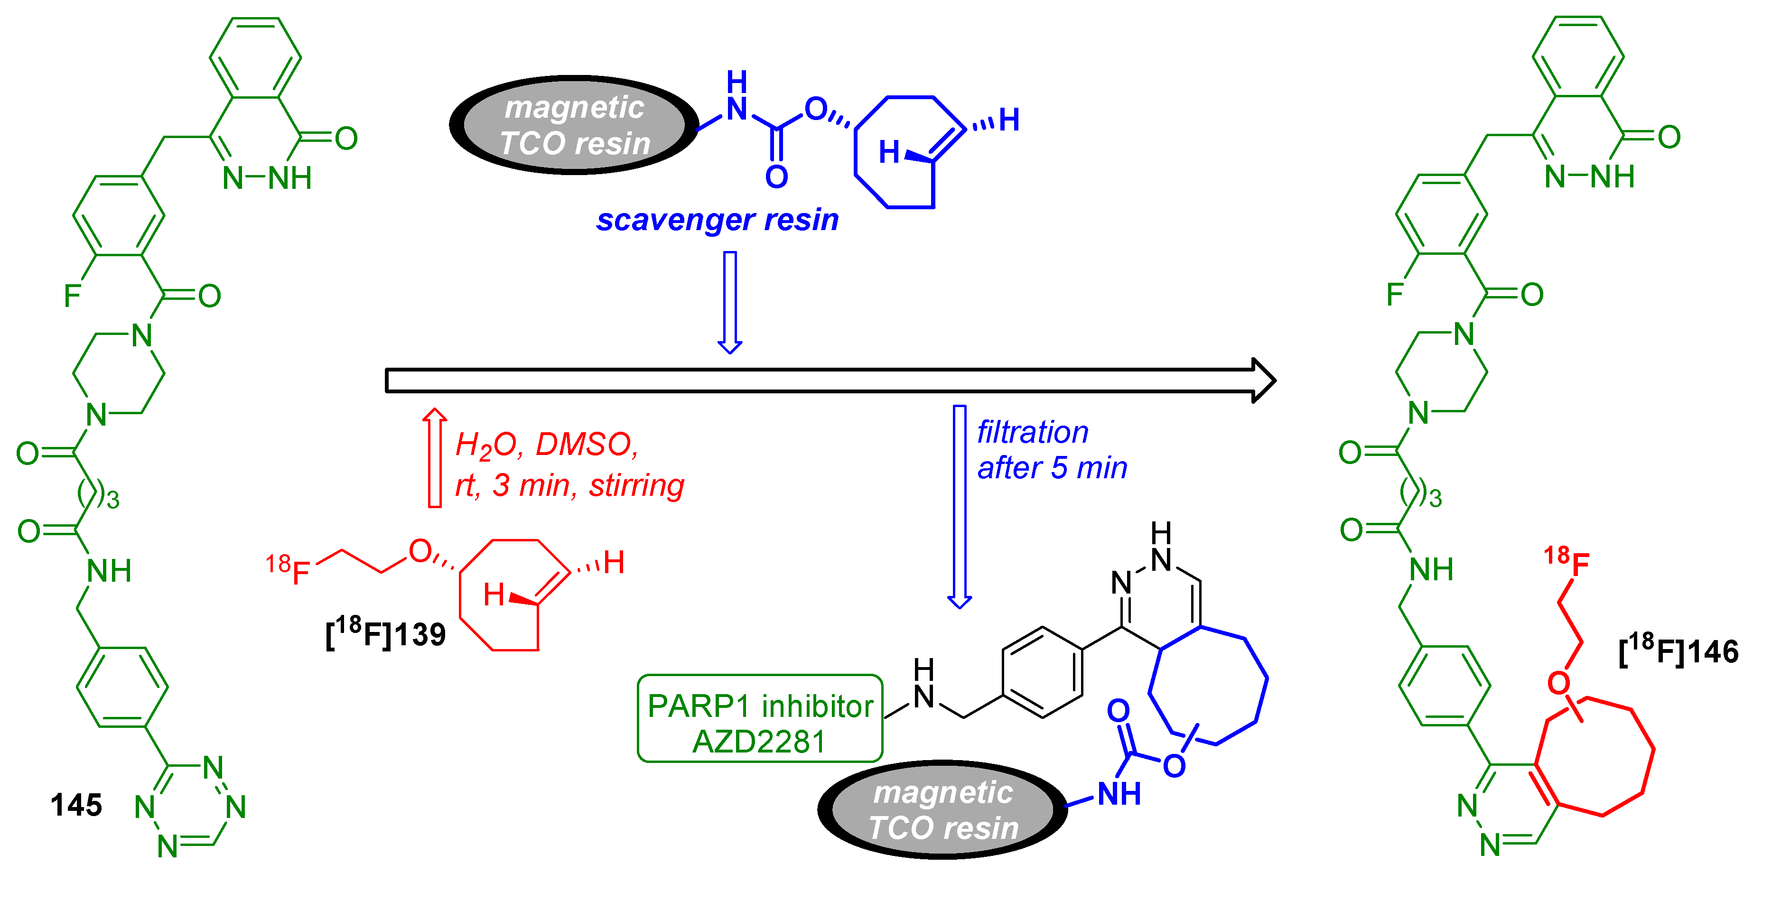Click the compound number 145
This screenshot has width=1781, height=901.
click(76, 805)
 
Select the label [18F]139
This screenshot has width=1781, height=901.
click(386, 633)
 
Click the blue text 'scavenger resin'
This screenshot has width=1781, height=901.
click(717, 220)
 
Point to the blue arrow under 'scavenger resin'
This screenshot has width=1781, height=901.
click(729, 301)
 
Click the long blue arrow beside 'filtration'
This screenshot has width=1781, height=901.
click(959, 505)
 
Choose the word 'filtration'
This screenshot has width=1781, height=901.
click(1032, 432)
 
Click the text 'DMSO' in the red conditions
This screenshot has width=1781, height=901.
click(586, 445)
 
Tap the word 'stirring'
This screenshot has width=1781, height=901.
click(636, 485)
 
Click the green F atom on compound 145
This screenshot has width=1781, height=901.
click(72, 296)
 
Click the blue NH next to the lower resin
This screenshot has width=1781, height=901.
click(1119, 794)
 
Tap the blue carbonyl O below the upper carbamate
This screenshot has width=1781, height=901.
click(776, 177)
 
